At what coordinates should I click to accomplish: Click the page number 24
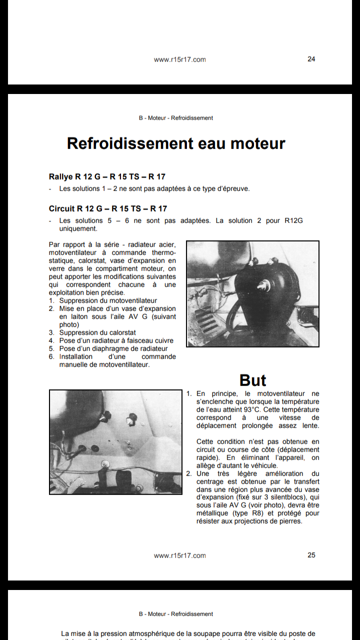311,59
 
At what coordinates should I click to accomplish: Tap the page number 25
311,555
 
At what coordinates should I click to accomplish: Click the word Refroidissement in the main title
130,143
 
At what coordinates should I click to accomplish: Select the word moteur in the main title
255,143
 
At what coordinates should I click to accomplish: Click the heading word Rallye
61,176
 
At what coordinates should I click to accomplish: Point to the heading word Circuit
62,208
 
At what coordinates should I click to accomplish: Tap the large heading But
253,380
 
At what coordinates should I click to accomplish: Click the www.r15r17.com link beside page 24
179,59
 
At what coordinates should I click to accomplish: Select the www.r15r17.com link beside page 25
179,555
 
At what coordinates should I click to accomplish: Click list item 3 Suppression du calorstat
97,332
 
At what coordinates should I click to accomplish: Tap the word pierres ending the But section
289,521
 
